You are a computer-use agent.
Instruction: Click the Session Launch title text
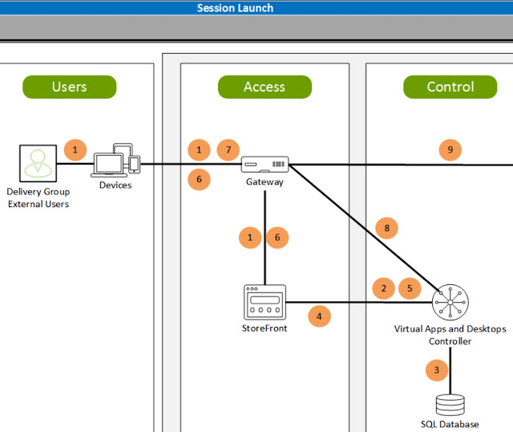[235, 8]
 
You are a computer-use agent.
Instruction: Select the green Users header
[69, 87]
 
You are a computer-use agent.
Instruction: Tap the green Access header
[265, 87]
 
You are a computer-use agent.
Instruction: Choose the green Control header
[450, 87]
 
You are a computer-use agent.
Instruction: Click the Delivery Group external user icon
[38, 164]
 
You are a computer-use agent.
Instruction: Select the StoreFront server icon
[265, 303]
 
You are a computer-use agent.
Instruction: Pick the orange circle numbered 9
[450, 149]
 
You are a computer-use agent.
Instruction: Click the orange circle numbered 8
[386, 229]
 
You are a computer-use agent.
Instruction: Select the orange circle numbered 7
[228, 149]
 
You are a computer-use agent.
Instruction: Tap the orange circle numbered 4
[319, 316]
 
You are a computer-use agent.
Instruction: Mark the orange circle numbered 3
[436, 370]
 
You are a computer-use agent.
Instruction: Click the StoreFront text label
[265, 328]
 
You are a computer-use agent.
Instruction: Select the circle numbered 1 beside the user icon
[75, 149]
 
